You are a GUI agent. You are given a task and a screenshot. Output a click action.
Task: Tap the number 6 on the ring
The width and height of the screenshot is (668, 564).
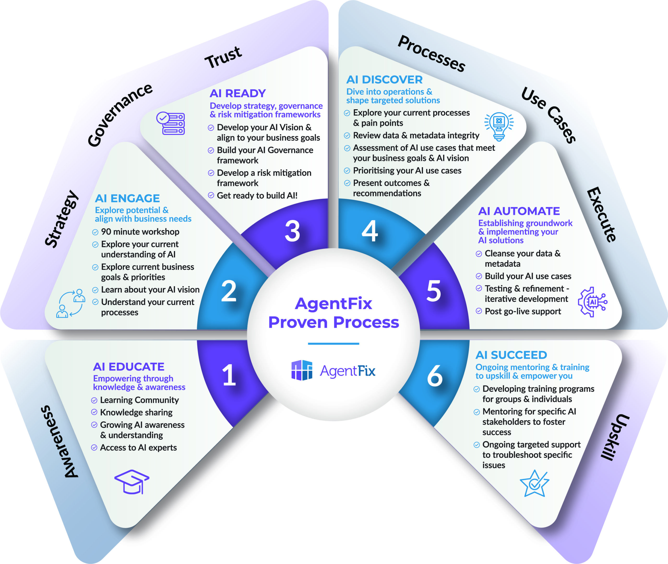[435, 376]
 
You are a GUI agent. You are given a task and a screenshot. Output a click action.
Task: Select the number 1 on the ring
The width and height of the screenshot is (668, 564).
[229, 375]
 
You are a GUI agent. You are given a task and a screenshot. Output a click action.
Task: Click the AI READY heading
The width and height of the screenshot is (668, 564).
[238, 93]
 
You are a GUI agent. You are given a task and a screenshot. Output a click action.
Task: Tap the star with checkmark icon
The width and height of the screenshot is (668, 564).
[534, 483]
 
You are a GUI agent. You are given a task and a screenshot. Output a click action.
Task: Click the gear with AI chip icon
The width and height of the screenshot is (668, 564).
[592, 302]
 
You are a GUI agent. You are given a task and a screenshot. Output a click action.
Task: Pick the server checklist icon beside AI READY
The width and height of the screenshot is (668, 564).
[171, 123]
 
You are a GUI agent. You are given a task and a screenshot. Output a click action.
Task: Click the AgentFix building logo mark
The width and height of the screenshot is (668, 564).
[302, 370]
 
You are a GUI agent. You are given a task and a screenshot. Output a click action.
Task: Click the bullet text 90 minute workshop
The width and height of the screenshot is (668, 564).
[140, 232]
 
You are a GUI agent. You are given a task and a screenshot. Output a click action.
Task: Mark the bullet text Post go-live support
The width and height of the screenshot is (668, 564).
[523, 311]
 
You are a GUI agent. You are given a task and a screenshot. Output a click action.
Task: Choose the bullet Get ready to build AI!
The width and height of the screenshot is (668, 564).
[257, 196]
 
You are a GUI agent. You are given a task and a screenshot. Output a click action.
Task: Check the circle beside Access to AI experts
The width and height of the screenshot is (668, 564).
[94, 448]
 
